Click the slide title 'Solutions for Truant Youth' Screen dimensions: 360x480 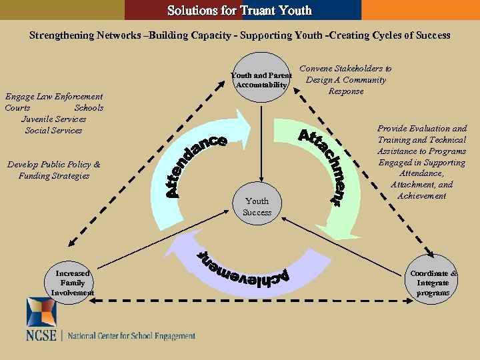(239, 10)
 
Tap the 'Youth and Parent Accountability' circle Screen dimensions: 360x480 (261, 79)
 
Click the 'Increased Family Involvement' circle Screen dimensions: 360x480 (72, 283)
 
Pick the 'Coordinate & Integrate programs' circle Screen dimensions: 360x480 (433, 283)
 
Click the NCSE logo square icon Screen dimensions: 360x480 (41, 311)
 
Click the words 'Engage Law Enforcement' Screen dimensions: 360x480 (54, 97)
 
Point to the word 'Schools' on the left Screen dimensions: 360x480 (89, 108)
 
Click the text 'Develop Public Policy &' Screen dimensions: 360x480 (53, 165)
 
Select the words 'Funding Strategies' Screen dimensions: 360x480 (54, 176)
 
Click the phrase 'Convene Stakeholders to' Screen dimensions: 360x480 (345, 68)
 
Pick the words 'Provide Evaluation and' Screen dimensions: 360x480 (422, 129)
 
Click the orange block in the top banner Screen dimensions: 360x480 (420, 10)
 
